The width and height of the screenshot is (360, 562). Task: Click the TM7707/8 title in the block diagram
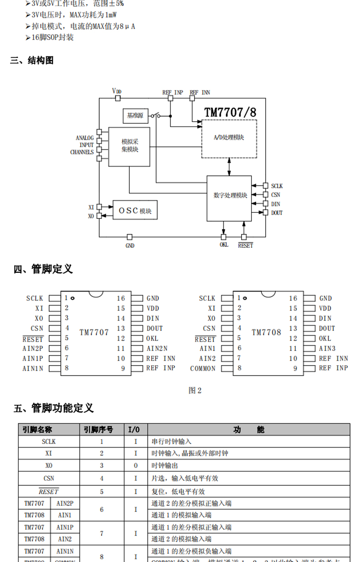point(230,112)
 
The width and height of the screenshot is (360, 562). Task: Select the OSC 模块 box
point(135,210)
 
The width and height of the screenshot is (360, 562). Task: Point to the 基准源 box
point(135,116)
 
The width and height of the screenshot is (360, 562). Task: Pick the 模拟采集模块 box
point(129,146)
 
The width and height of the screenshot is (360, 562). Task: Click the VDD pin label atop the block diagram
point(117,91)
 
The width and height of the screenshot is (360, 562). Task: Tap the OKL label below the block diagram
point(224,245)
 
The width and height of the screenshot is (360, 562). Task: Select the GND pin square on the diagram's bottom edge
point(130,237)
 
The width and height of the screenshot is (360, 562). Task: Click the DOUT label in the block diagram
point(277,213)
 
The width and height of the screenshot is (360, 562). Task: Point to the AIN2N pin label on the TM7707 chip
point(157,348)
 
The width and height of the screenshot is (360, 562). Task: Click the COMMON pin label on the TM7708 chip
point(203,368)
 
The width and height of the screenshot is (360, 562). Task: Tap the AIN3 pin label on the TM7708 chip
point(327,348)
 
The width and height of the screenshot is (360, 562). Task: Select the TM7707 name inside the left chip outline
point(94,332)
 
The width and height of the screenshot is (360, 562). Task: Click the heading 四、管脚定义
point(43,269)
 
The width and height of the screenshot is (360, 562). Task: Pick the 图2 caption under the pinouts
point(195,390)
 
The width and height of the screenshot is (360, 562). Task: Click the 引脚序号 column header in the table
point(98,429)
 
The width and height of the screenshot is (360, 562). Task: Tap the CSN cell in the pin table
point(49,478)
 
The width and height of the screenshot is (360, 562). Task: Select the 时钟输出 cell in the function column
point(165,466)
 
